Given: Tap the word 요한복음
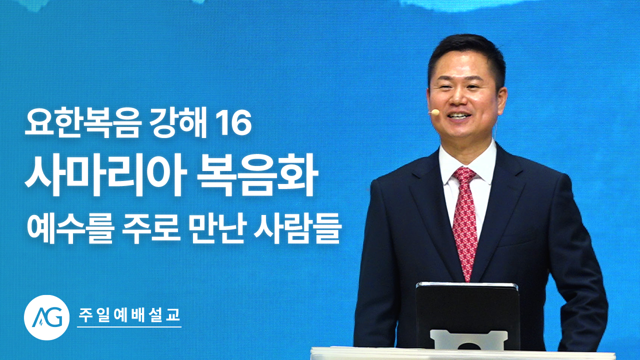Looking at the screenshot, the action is click(80, 125).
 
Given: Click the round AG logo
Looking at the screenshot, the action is click(46, 317).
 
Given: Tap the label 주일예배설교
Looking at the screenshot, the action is click(129, 315).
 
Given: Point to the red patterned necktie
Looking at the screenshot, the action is click(465, 220).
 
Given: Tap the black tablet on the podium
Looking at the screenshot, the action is click(467, 314).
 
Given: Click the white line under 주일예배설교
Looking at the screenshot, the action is click(129, 326).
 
